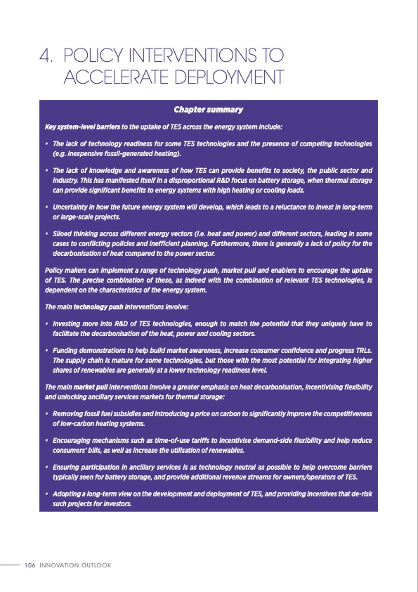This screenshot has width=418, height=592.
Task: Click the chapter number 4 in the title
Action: [45, 54]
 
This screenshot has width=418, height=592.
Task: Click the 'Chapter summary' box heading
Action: [208, 110]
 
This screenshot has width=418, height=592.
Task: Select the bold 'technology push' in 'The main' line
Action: [102, 307]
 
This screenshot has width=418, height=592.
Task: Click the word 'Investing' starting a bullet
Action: [69, 324]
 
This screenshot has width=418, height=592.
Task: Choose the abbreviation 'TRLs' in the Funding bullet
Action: [361, 350]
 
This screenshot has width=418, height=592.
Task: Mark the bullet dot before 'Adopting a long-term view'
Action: [46, 496]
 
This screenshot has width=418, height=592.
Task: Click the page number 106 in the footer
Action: [30, 565]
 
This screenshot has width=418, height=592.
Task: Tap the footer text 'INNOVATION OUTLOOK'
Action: [76, 565]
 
